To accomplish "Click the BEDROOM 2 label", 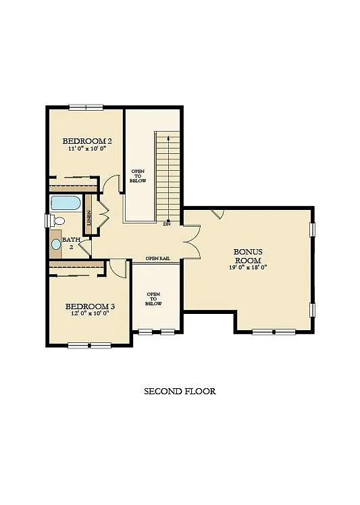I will click(x=87, y=141).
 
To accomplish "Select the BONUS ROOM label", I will click(x=248, y=256).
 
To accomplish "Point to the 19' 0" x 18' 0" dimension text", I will click(x=248, y=267).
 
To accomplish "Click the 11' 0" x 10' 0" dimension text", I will click(x=87, y=149).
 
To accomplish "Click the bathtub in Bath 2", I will click(x=65, y=203).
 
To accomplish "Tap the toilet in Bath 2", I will click(x=58, y=220).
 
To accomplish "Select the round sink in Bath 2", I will click(x=55, y=243).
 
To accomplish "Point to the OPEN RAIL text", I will click(x=157, y=259).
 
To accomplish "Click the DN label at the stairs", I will click(x=166, y=224).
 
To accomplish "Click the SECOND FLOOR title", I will click(x=180, y=391).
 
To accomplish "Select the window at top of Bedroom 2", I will click(x=86, y=106).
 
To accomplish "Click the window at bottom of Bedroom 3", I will click(x=89, y=346).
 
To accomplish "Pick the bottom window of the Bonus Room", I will click(x=274, y=331).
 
